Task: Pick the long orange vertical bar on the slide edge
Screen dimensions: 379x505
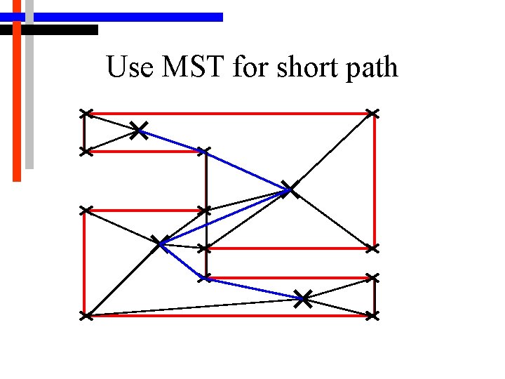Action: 17,105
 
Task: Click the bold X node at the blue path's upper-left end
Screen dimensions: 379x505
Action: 139,129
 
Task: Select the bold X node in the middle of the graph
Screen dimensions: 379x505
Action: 288,189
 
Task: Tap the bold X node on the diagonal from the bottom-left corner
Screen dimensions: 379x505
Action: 161,243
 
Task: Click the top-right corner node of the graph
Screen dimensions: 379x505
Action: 372,113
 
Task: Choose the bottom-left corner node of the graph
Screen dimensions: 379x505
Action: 85,317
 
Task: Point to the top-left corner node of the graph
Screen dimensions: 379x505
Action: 85,113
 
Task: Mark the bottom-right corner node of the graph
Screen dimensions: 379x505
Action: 372,317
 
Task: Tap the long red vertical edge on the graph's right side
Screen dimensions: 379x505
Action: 375,182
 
